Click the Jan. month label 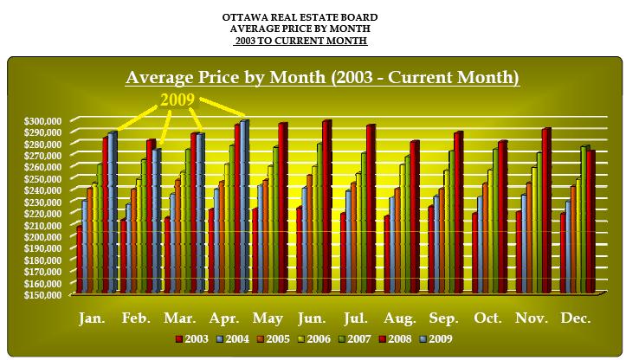click(x=93, y=318)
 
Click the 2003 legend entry click(x=195, y=339)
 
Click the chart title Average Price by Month click(x=322, y=78)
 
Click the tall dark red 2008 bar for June click(x=326, y=208)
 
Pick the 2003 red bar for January click(x=80, y=260)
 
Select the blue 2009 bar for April click(x=244, y=208)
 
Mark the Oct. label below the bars click(x=487, y=318)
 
